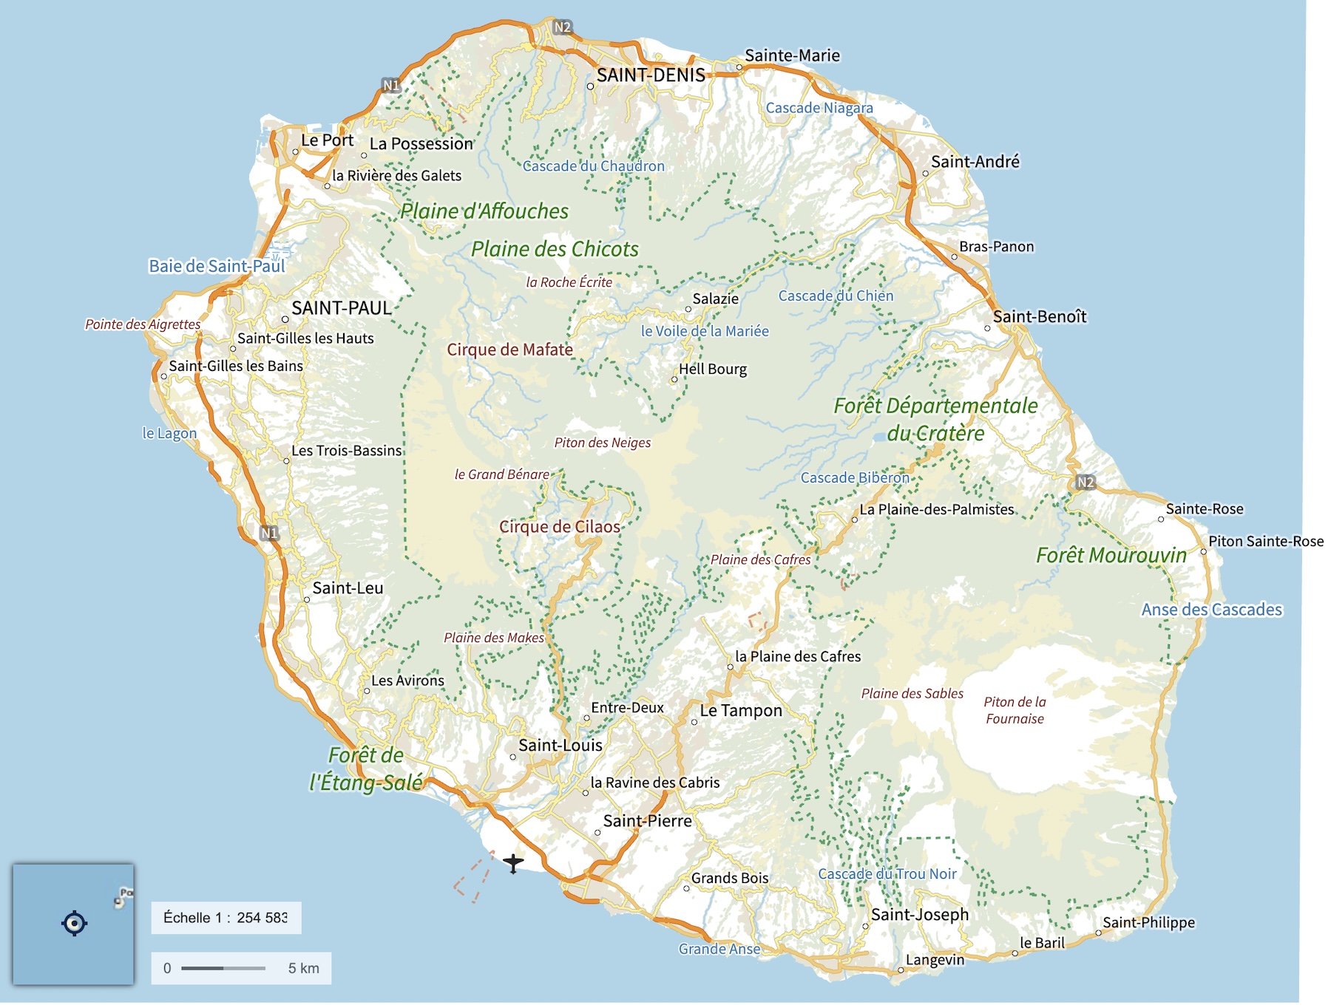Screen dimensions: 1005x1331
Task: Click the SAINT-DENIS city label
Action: (x=651, y=75)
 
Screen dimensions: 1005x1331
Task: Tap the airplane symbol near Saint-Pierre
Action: (x=513, y=862)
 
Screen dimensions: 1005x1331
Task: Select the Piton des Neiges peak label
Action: (x=603, y=443)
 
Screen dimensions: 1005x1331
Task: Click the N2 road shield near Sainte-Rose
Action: (x=1085, y=482)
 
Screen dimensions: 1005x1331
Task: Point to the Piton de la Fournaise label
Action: (x=1015, y=710)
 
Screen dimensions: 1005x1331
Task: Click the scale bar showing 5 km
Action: (x=241, y=968)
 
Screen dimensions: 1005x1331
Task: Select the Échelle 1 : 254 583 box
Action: (x=226, y=918)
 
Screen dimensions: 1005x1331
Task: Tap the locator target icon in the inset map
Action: (x=74, y=923)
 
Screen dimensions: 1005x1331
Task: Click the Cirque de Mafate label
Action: (x=509, y=350)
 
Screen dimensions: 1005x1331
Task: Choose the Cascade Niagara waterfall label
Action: (x=819, y=108)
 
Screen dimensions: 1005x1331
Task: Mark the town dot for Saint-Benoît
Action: (x=987, y=328)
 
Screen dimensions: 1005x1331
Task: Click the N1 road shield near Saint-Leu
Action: (x=269, y=533)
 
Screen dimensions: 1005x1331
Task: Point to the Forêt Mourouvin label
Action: (x=1111, y=556)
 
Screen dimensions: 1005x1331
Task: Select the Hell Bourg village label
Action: (x=713, y=369)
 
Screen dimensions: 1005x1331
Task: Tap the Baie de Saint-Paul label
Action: (x=217, y=266)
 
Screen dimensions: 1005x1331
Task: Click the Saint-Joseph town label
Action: (x=919, y=914)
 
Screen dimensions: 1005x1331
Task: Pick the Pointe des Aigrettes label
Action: (x=143, y=324)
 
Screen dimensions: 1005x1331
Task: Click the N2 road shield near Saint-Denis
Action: (x=563, y=27)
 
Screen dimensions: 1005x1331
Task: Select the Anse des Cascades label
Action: (x=1211, y=610)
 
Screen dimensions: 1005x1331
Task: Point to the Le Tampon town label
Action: (x=740, y=711)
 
